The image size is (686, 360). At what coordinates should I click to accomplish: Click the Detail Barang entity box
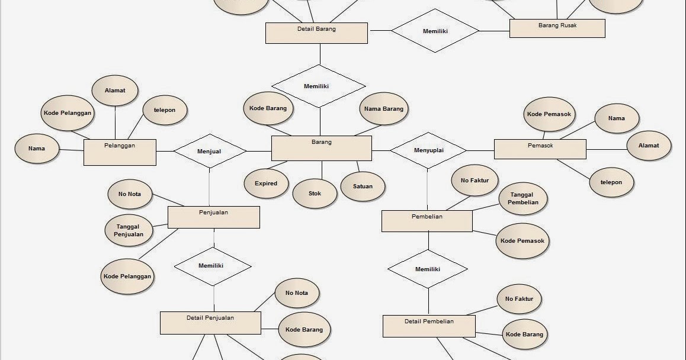pos(316,33)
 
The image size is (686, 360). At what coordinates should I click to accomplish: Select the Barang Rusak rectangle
pos(557,28)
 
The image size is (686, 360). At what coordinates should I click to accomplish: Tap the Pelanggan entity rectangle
pos(120,152)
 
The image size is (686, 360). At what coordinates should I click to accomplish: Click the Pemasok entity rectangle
pos(540,149)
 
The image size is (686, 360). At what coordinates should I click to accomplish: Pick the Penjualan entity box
pos(213,217)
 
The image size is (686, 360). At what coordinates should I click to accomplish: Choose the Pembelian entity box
pos(427,221)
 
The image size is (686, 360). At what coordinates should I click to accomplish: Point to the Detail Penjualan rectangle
pos(210,323)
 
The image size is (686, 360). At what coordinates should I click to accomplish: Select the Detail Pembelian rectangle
pos(429,326)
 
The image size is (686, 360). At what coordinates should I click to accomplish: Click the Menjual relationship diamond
pos(209,151)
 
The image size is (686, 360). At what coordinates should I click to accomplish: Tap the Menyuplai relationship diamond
pos(428,150)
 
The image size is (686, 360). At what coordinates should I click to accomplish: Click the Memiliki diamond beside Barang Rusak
pos(435,31)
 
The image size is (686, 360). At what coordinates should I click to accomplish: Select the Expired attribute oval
pos(266,184)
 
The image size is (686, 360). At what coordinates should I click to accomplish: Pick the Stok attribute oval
pos(315,193)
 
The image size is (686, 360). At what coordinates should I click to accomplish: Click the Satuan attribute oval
pos(363,187)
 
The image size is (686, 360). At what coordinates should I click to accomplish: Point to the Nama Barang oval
pos(383,109)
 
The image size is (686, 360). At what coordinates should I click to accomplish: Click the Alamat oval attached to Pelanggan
pos(115,91)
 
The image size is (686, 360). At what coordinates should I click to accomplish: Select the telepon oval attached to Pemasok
pos(611,182)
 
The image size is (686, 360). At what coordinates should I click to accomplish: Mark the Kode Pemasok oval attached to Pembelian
pos(522,241)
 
